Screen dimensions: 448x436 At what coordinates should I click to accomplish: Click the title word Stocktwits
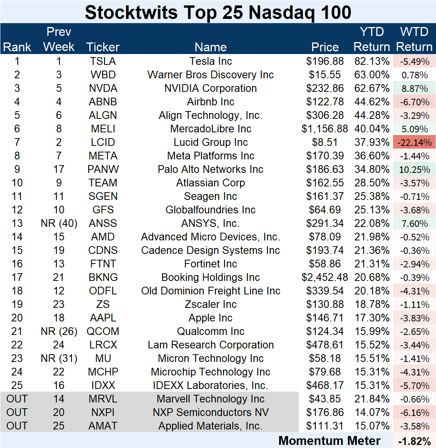click(x=131, y=12)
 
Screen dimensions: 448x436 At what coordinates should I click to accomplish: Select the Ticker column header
click(x=103, y=47)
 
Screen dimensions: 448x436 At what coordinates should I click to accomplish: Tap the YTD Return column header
click(x=371, y=39)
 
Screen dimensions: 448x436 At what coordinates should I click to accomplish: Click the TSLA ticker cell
click(x=103, y=61)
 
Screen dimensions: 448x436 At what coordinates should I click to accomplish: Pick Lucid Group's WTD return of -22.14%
click(x=414, y=142)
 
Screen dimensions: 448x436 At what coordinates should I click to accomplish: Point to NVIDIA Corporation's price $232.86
click(x=325, y=88)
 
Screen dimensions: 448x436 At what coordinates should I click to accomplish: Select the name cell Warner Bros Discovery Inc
click(x=210, y=75)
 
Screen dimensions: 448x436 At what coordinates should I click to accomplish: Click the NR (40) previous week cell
click(x=59, y=223)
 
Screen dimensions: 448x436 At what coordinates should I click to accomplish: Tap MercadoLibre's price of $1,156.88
click(x=325, y=129)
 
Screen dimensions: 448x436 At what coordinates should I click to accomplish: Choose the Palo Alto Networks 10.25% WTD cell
click(x=414, y=169)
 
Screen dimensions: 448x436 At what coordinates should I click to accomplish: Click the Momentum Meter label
click(x=329, y=441)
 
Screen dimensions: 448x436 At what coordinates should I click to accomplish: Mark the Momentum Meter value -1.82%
click(x=414, y=441)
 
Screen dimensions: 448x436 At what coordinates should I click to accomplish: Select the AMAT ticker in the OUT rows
click(x=103, y=426)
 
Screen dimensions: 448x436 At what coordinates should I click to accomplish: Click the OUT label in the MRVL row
click(x=17, y=399)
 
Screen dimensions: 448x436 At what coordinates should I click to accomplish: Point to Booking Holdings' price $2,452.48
click(x=325, y=277)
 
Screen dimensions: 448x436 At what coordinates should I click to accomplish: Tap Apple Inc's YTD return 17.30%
click(x=372, y=318)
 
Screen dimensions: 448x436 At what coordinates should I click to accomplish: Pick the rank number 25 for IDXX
click(x=17, y=385)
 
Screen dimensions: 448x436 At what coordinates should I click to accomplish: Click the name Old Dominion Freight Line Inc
click(x=210, y=291)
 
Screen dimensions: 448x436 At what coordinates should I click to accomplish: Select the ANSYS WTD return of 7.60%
click(x=414, y=223)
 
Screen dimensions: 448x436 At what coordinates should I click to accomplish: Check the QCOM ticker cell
click(x=103, y=331)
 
